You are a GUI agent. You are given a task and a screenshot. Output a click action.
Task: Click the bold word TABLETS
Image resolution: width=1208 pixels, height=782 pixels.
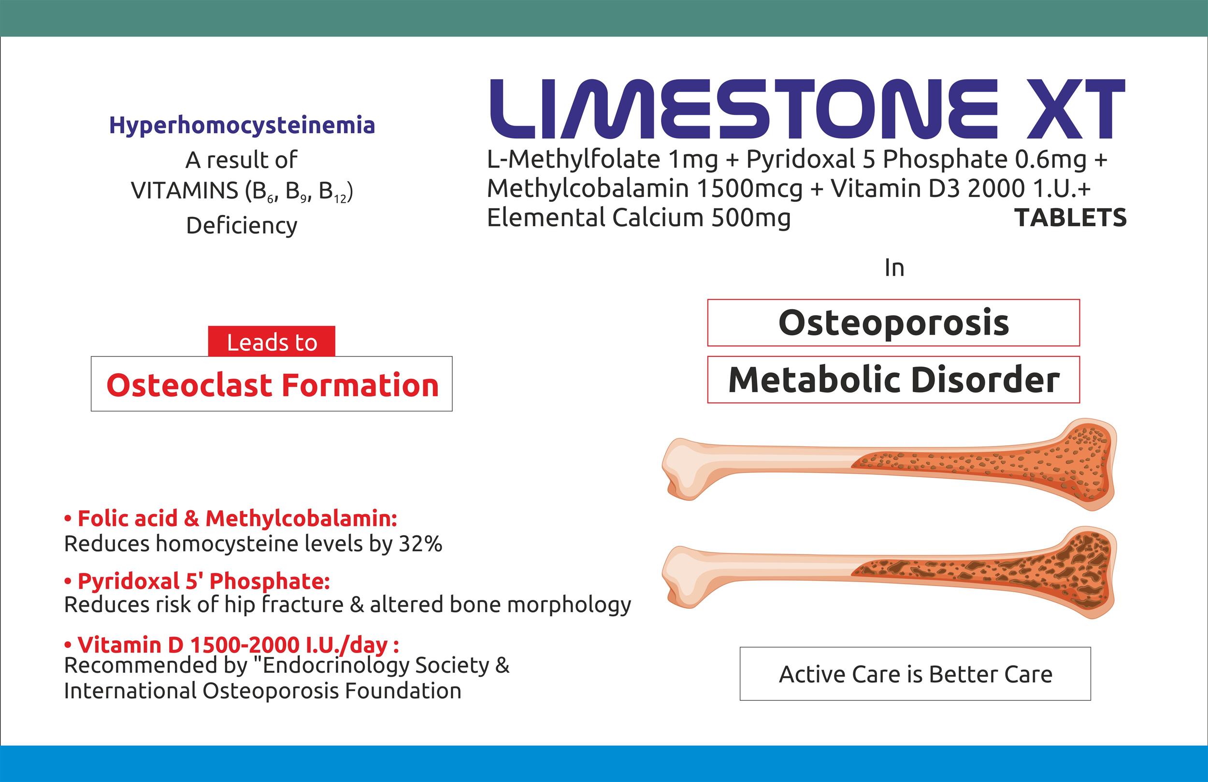pyautogui.click(x=1070, y=218)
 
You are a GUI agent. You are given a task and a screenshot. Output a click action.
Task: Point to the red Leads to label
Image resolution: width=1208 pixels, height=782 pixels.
pyautogui.click(x=272, y=341)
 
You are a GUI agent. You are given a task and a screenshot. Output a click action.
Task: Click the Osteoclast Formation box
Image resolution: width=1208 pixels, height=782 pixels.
pyautogui.click(x=272, y=384)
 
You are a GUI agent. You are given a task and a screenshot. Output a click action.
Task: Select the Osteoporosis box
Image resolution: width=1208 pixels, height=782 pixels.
pyautogui.click(x=893, y=323)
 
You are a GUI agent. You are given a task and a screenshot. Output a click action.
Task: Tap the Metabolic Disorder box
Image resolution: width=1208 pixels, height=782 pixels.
pyautogui.click(x=893, y=380)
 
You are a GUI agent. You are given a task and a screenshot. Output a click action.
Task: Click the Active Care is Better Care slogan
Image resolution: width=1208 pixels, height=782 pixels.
pyautogui.click(x=915, y=674)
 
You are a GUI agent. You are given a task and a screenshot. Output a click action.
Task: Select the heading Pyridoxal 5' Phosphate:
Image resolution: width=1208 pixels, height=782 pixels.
pyautogui.click(x=198, y=581)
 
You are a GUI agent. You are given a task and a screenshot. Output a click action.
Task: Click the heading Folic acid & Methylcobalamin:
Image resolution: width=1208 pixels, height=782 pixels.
pyautogui.click(x=231, y=518)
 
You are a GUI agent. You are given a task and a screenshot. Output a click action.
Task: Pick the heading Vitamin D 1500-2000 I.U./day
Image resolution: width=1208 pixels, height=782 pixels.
pyautogui.click(x=231, y=644)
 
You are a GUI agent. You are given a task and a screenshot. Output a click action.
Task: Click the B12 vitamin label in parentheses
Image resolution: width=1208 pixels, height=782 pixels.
pyautogui.click(x=333, y=192)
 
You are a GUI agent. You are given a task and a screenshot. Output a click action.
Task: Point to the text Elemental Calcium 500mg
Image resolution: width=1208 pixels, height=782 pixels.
pyautogui.click(x=638, y=218)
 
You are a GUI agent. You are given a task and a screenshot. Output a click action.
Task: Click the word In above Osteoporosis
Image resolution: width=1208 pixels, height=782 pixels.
pyautogui.click(x=894, y=268)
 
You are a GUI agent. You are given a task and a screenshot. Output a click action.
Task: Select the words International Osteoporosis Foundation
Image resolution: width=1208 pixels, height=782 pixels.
pyautogui.click(x=262, y=691)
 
